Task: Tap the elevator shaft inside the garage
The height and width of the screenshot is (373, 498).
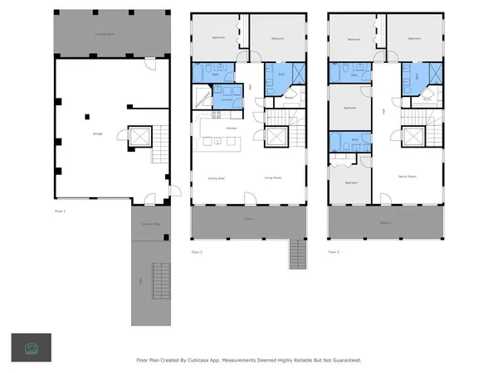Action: [x=138, y=137]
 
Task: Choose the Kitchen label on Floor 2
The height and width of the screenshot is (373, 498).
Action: [x=232, y=128]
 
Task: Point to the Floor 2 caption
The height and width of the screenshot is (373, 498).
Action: [x=197, y=251]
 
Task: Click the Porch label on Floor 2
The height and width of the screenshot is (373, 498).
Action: [x=248, y=220]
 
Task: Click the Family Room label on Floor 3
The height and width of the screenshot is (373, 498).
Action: [x=407, y=177]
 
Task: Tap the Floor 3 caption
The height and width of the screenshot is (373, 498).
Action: [x=333, y=251]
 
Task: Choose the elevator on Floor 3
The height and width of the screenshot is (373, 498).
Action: [x=412, y=137]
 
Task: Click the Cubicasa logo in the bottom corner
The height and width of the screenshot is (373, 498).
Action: [x=31, y=346]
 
